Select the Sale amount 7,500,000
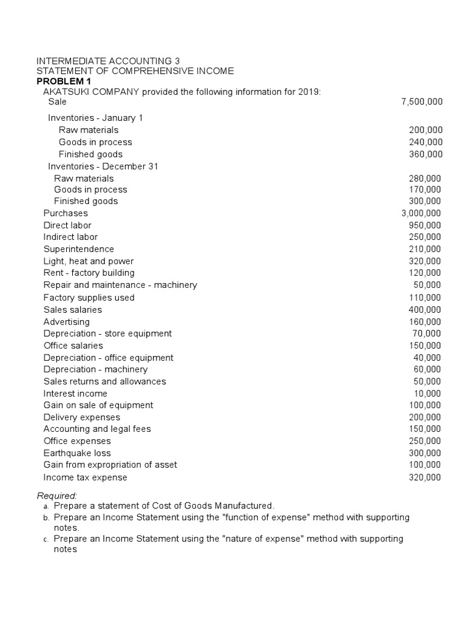422,102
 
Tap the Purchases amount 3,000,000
421,213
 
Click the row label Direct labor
67,225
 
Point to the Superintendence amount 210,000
425,249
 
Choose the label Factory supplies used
89,298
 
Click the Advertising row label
67,322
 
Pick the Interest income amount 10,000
428,394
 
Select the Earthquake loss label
77,453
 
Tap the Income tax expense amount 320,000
425,477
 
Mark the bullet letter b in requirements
46,518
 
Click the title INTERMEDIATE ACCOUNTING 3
109,61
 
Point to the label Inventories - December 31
103,166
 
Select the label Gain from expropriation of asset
110,465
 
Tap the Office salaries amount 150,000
425,346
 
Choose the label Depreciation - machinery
95,369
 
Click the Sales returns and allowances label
104,381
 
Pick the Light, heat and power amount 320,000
425,261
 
